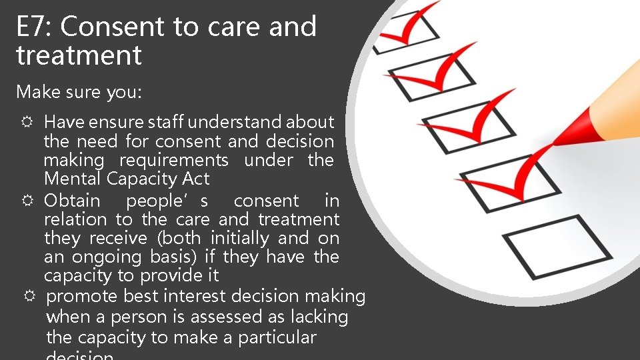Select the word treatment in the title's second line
pos(79,55)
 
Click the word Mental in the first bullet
pos(72,179)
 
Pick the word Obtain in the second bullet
pos(72,201)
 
